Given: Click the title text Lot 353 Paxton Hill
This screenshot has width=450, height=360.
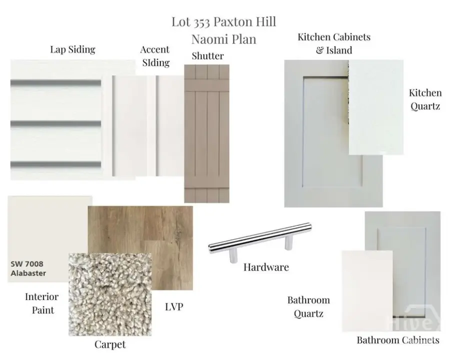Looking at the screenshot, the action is pyautogui.click(x=224, y=22).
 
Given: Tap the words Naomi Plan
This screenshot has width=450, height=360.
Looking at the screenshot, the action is pyautogui.click(x=224, y=39).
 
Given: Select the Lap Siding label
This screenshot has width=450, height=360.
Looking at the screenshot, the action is pyautogui.click(x=72, y=49).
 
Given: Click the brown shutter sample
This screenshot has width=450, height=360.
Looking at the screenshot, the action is pyautogui.click(x=206, y=133).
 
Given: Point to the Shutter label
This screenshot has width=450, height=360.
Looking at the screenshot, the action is pyautogui.click(x=208, y=55).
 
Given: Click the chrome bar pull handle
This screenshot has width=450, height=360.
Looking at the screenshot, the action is pyautogui.click(x=260, y=240).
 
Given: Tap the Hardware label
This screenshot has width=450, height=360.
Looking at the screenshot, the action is pyautogui.click(x=266, y=267).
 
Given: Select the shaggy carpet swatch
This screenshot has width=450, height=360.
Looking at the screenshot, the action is pyautogui.click(x=110, y=294).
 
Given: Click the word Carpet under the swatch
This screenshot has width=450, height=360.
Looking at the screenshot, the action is pyautogui.click(x=110, y=344).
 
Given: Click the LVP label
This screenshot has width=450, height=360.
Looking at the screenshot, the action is pyautogui.click(x=174, y=307).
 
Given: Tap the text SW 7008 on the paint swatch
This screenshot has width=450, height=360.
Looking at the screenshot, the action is pyautogui.click(x=27, y=264).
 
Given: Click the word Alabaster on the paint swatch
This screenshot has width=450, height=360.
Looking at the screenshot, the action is pyautogui.click(x=28, y=273).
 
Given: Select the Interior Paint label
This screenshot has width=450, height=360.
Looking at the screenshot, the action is pyautogui.click(x=42, y=303).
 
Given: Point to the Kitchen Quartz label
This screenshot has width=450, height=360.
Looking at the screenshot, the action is pyautogui.click(x=425, y=99).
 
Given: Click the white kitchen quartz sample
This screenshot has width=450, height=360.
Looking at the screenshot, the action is pyautogui.click(x=376, y=107).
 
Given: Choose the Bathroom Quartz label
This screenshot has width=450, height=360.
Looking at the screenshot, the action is pyautogui.click(x=308, y=307).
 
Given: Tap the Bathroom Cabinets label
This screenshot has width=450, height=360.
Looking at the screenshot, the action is pyautogui.click(x=398, y=340).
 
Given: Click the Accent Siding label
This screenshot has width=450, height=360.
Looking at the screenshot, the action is pyautogui.click(x=155, y=56).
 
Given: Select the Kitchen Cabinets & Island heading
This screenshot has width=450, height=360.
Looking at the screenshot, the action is pyautogui.click(x=334, y=43).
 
